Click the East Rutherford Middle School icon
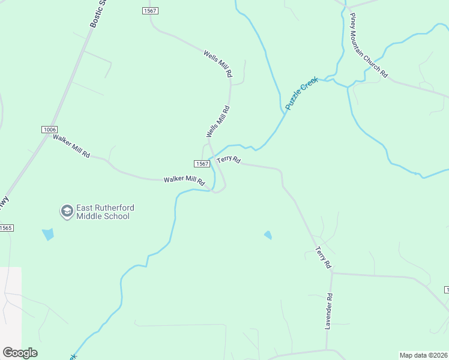click(67, 211)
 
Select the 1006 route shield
click(49, 130)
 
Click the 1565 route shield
click(6, 228)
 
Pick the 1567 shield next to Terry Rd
click(202, 164)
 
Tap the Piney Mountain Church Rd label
click(369, 46)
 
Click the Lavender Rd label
click(329, 311)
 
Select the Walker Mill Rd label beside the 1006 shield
click(71, 146)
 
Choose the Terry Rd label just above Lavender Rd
click(323, 257)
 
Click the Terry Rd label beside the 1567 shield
click(229, 160)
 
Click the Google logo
click(20, 353)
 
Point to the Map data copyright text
click(424, 355)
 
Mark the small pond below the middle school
click(48, 234)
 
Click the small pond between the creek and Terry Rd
click(268, 235)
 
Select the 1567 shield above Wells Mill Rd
click(150, 11)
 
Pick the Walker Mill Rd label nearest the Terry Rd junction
click(184, 179)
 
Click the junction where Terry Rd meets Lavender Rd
click(331, 273)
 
